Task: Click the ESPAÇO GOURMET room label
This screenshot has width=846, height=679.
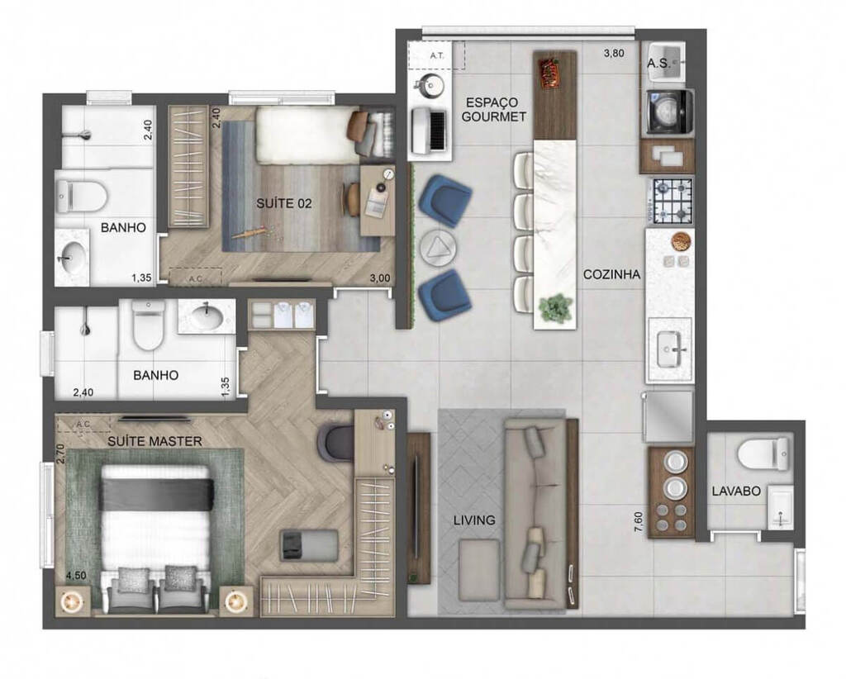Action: (x=495, y=109)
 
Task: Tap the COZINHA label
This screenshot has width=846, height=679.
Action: (x=611, y=275)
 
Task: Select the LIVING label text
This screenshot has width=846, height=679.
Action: (x=474, y=520)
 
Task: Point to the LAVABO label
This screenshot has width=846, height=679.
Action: (x=735, y=491)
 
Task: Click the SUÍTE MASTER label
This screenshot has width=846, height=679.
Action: (x=154, y=441)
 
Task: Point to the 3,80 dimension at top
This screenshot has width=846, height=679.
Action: (x=614, y=55)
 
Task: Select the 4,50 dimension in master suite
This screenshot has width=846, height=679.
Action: (x=75, y=576)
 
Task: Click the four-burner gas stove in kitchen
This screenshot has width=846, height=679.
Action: (x=670, y=200)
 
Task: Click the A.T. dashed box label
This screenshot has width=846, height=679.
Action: (x=436, y=55)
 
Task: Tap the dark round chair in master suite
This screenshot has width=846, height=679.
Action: (x=335, y=442)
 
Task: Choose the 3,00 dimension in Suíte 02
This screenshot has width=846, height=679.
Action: (x=379, y=278)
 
